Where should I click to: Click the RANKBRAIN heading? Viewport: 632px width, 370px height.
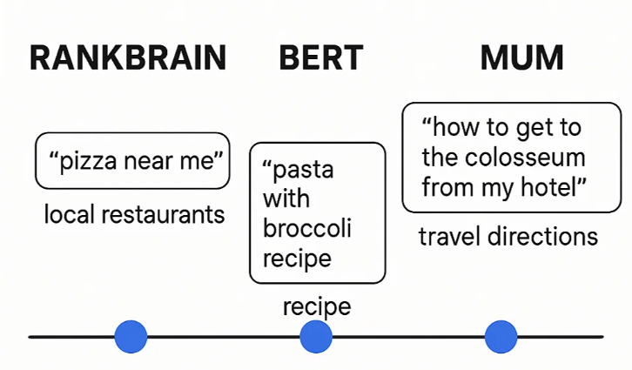click(x=128, y=58)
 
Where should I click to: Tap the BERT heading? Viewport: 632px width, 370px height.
click(x=321, y=58)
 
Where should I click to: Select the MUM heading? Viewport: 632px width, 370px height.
click(x=522, y=58)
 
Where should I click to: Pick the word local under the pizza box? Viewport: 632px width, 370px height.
click(x=69, y=214)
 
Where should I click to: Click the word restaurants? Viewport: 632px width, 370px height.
click(x=163, y=215)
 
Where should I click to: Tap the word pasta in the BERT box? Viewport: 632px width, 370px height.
click(x=303, y=171)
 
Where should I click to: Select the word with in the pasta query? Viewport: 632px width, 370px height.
click(x=286, y=198)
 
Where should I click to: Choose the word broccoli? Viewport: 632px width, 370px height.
click(x=307, y=228)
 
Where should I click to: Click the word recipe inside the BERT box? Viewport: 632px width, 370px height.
click(x=297, y=259)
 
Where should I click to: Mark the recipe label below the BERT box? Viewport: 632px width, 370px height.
click(x=317, y=307)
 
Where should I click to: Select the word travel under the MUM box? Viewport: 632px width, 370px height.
click(x=449, y=236)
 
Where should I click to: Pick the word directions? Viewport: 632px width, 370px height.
click(x=542, y=236)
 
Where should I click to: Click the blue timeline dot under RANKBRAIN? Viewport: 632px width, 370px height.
click(x=131, y=337)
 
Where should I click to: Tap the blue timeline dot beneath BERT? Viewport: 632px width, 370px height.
click(x=316, y=337)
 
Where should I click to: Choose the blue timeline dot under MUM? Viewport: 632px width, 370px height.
click(x=501, y=337)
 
